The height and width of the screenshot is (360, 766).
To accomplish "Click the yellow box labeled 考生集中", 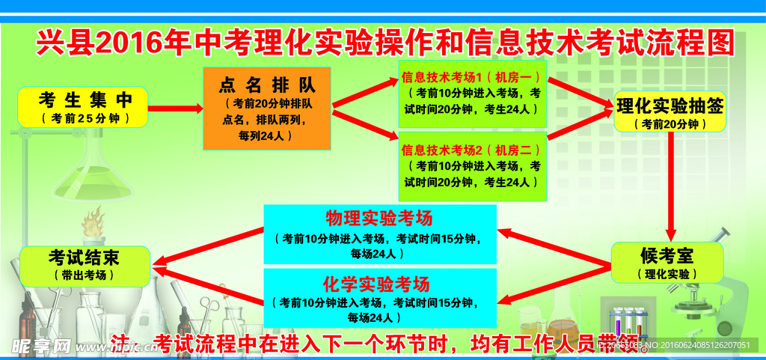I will click(83, 107).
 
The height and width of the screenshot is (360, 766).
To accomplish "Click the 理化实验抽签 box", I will click(670, 112).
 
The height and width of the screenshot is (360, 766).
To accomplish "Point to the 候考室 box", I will click(668, 263).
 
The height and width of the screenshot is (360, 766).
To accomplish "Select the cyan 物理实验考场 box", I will click(380, 234).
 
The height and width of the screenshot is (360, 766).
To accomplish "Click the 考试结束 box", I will click(84, 265).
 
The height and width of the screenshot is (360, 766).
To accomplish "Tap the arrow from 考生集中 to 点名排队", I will click(175, 109).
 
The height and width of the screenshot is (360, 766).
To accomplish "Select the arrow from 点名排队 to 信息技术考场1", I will click(365, 94).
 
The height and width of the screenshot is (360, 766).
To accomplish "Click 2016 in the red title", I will click(133, 43).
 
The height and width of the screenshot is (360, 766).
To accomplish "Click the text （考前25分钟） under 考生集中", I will click(84, 119).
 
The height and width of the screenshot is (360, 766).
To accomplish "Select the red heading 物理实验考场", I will click(379, 219).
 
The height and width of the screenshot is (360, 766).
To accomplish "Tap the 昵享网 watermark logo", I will click(41, 347).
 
